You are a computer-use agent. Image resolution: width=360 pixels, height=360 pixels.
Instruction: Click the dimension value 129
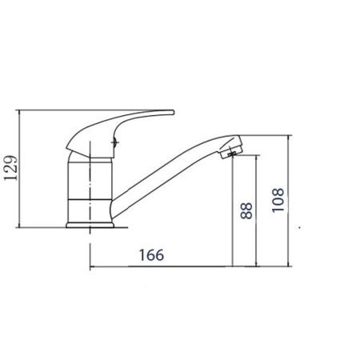point(11,167)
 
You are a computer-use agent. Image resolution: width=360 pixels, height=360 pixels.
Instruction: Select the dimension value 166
point(151,255)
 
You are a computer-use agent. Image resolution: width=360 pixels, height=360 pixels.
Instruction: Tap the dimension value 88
point(246,210)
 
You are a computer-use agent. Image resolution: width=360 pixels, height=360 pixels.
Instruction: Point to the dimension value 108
point(278,200)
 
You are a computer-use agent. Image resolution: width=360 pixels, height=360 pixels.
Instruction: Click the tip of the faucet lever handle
point(173,112)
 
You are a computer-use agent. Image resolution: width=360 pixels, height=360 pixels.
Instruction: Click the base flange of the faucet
point(90,225)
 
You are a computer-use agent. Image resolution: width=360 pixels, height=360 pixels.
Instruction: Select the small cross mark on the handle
point(115,142)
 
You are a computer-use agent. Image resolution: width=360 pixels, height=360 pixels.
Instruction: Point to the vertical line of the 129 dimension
point(19,169)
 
